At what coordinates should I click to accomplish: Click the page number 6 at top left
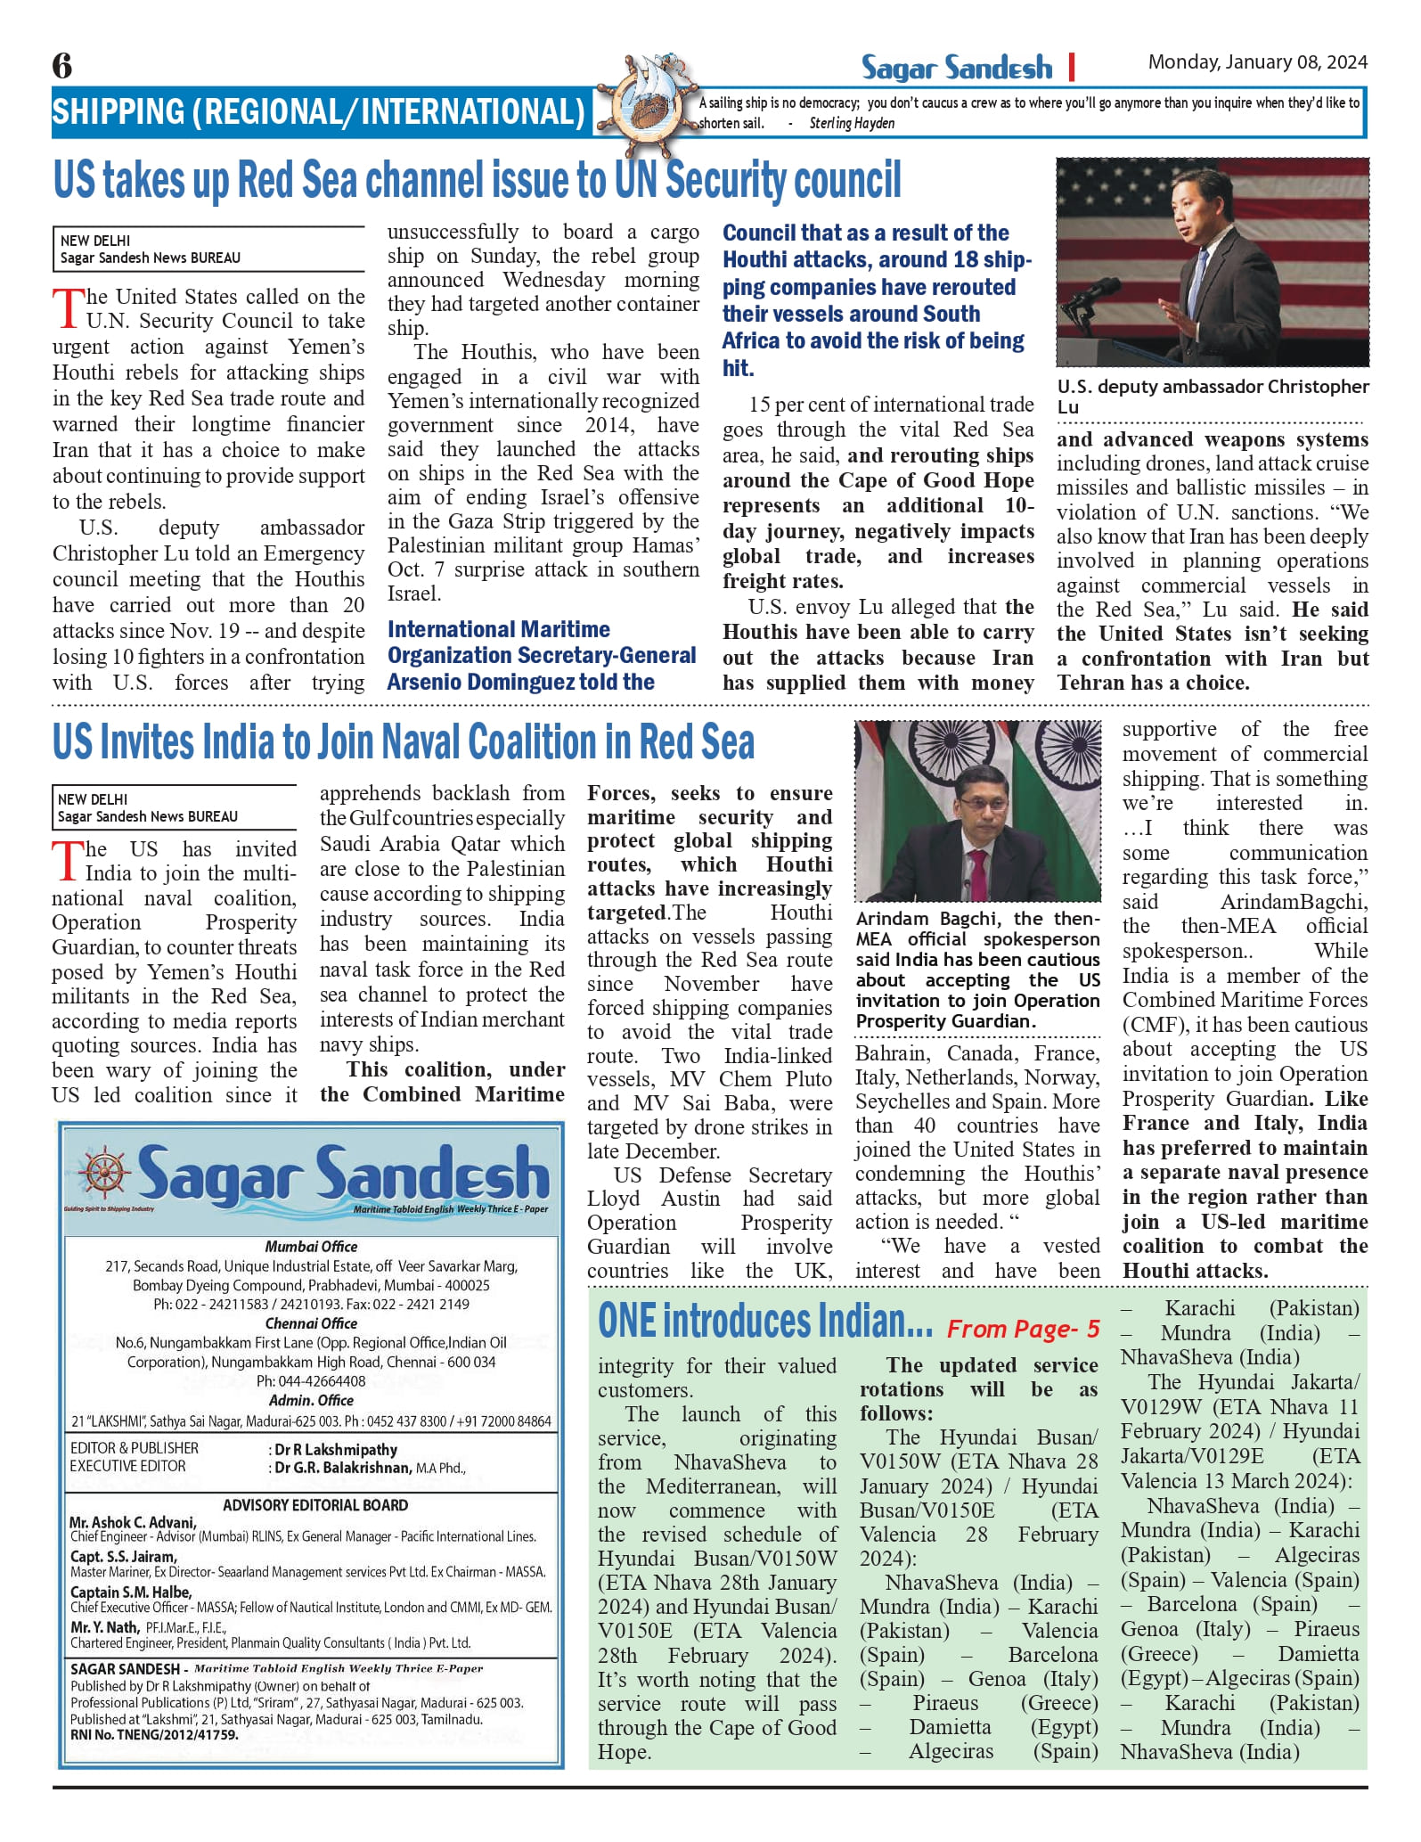point(62,66)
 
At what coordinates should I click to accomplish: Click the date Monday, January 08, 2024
point(1257,62)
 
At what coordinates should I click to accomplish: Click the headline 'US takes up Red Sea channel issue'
point(477,181)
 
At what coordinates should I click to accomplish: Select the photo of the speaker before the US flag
point(1212,262)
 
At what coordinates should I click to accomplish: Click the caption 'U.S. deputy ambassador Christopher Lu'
point(1212,397)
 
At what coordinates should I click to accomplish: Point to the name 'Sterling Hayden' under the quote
point(852,124)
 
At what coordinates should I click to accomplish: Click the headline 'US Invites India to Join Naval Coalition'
point(403,742)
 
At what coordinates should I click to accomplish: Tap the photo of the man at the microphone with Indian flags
point(977,811)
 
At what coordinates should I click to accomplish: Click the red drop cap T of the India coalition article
point(67,860)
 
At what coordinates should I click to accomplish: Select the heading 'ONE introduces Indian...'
point(764,1322)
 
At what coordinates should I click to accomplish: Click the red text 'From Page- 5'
point(1023,1330)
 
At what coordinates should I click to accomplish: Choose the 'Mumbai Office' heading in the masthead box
point(311,1247)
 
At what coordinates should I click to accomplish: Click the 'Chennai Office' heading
point(311,1323)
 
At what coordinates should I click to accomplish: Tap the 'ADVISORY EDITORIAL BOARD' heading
point(315,1505)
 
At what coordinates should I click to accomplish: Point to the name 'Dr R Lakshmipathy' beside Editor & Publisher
point(336,1450)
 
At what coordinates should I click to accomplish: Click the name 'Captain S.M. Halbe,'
point(131,1592)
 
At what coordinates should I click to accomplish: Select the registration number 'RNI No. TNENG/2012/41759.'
point(154,1735)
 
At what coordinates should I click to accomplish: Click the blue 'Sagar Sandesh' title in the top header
point(956,68)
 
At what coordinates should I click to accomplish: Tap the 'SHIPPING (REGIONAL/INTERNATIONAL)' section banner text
point(318,113)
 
